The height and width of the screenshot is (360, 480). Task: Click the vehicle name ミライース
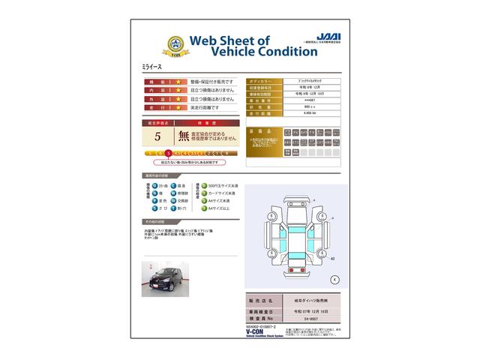point(152,67)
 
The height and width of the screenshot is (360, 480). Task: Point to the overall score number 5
point(157,136)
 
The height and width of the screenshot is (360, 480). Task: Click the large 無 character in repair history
point(184,136)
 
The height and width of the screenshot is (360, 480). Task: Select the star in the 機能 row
point(178,81)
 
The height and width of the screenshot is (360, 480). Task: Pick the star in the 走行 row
point(178,108)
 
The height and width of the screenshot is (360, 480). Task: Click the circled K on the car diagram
point(334,280)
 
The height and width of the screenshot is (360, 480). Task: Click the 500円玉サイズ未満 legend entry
point(223,185)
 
